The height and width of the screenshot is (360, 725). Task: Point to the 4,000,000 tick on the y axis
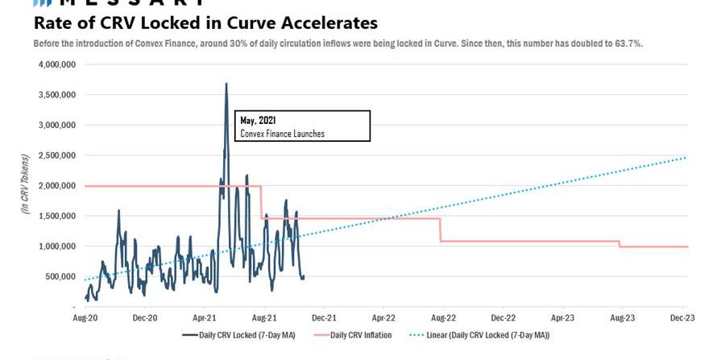(53, 64)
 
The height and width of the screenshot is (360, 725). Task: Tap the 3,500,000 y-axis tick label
(53, 95)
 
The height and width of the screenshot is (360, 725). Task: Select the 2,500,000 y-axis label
(53, 155)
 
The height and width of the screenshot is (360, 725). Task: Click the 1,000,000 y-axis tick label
(53, 246)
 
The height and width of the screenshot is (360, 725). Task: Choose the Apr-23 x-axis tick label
(562, 318)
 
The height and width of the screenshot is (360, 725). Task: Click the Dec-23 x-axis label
(682, 318)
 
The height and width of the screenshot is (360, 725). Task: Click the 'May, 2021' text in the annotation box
(258, 121)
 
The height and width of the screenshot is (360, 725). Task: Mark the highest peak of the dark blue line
(226, 84)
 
